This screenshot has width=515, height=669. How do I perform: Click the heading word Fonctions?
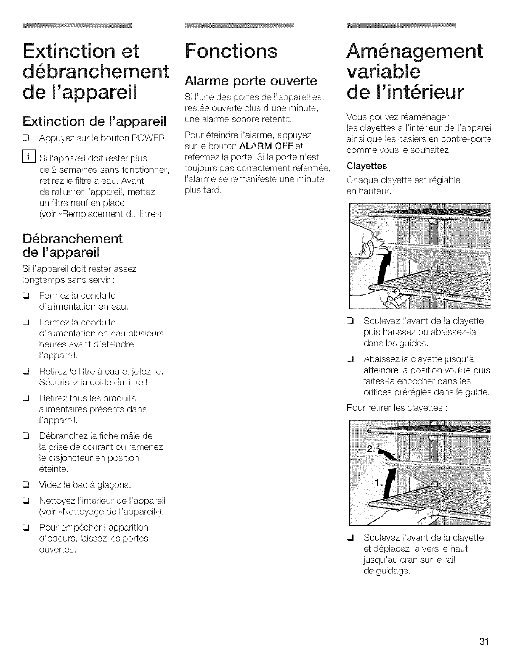pos(231,51)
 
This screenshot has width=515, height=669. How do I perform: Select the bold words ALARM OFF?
pos(267,146)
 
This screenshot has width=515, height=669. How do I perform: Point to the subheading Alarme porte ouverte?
pos(251,81)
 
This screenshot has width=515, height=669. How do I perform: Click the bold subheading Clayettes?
pos(367,166)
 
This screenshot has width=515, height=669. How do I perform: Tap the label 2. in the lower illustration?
pos(371,449)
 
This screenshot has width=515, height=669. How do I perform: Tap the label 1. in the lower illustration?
pos(379,483)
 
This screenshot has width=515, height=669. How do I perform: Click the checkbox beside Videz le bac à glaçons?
pos(25,486)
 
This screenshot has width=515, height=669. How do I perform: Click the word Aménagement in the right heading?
pos(415,51)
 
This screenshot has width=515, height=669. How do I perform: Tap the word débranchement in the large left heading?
pos(96,71)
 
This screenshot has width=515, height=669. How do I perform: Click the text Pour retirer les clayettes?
pos(396,408)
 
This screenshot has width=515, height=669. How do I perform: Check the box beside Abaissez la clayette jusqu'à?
pos(350,359)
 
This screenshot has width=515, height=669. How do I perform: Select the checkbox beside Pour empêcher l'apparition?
pos(25,528)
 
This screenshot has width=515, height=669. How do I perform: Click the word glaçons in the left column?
pos(114,486)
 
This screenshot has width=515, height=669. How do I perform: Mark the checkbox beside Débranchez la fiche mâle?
pos(25,436)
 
